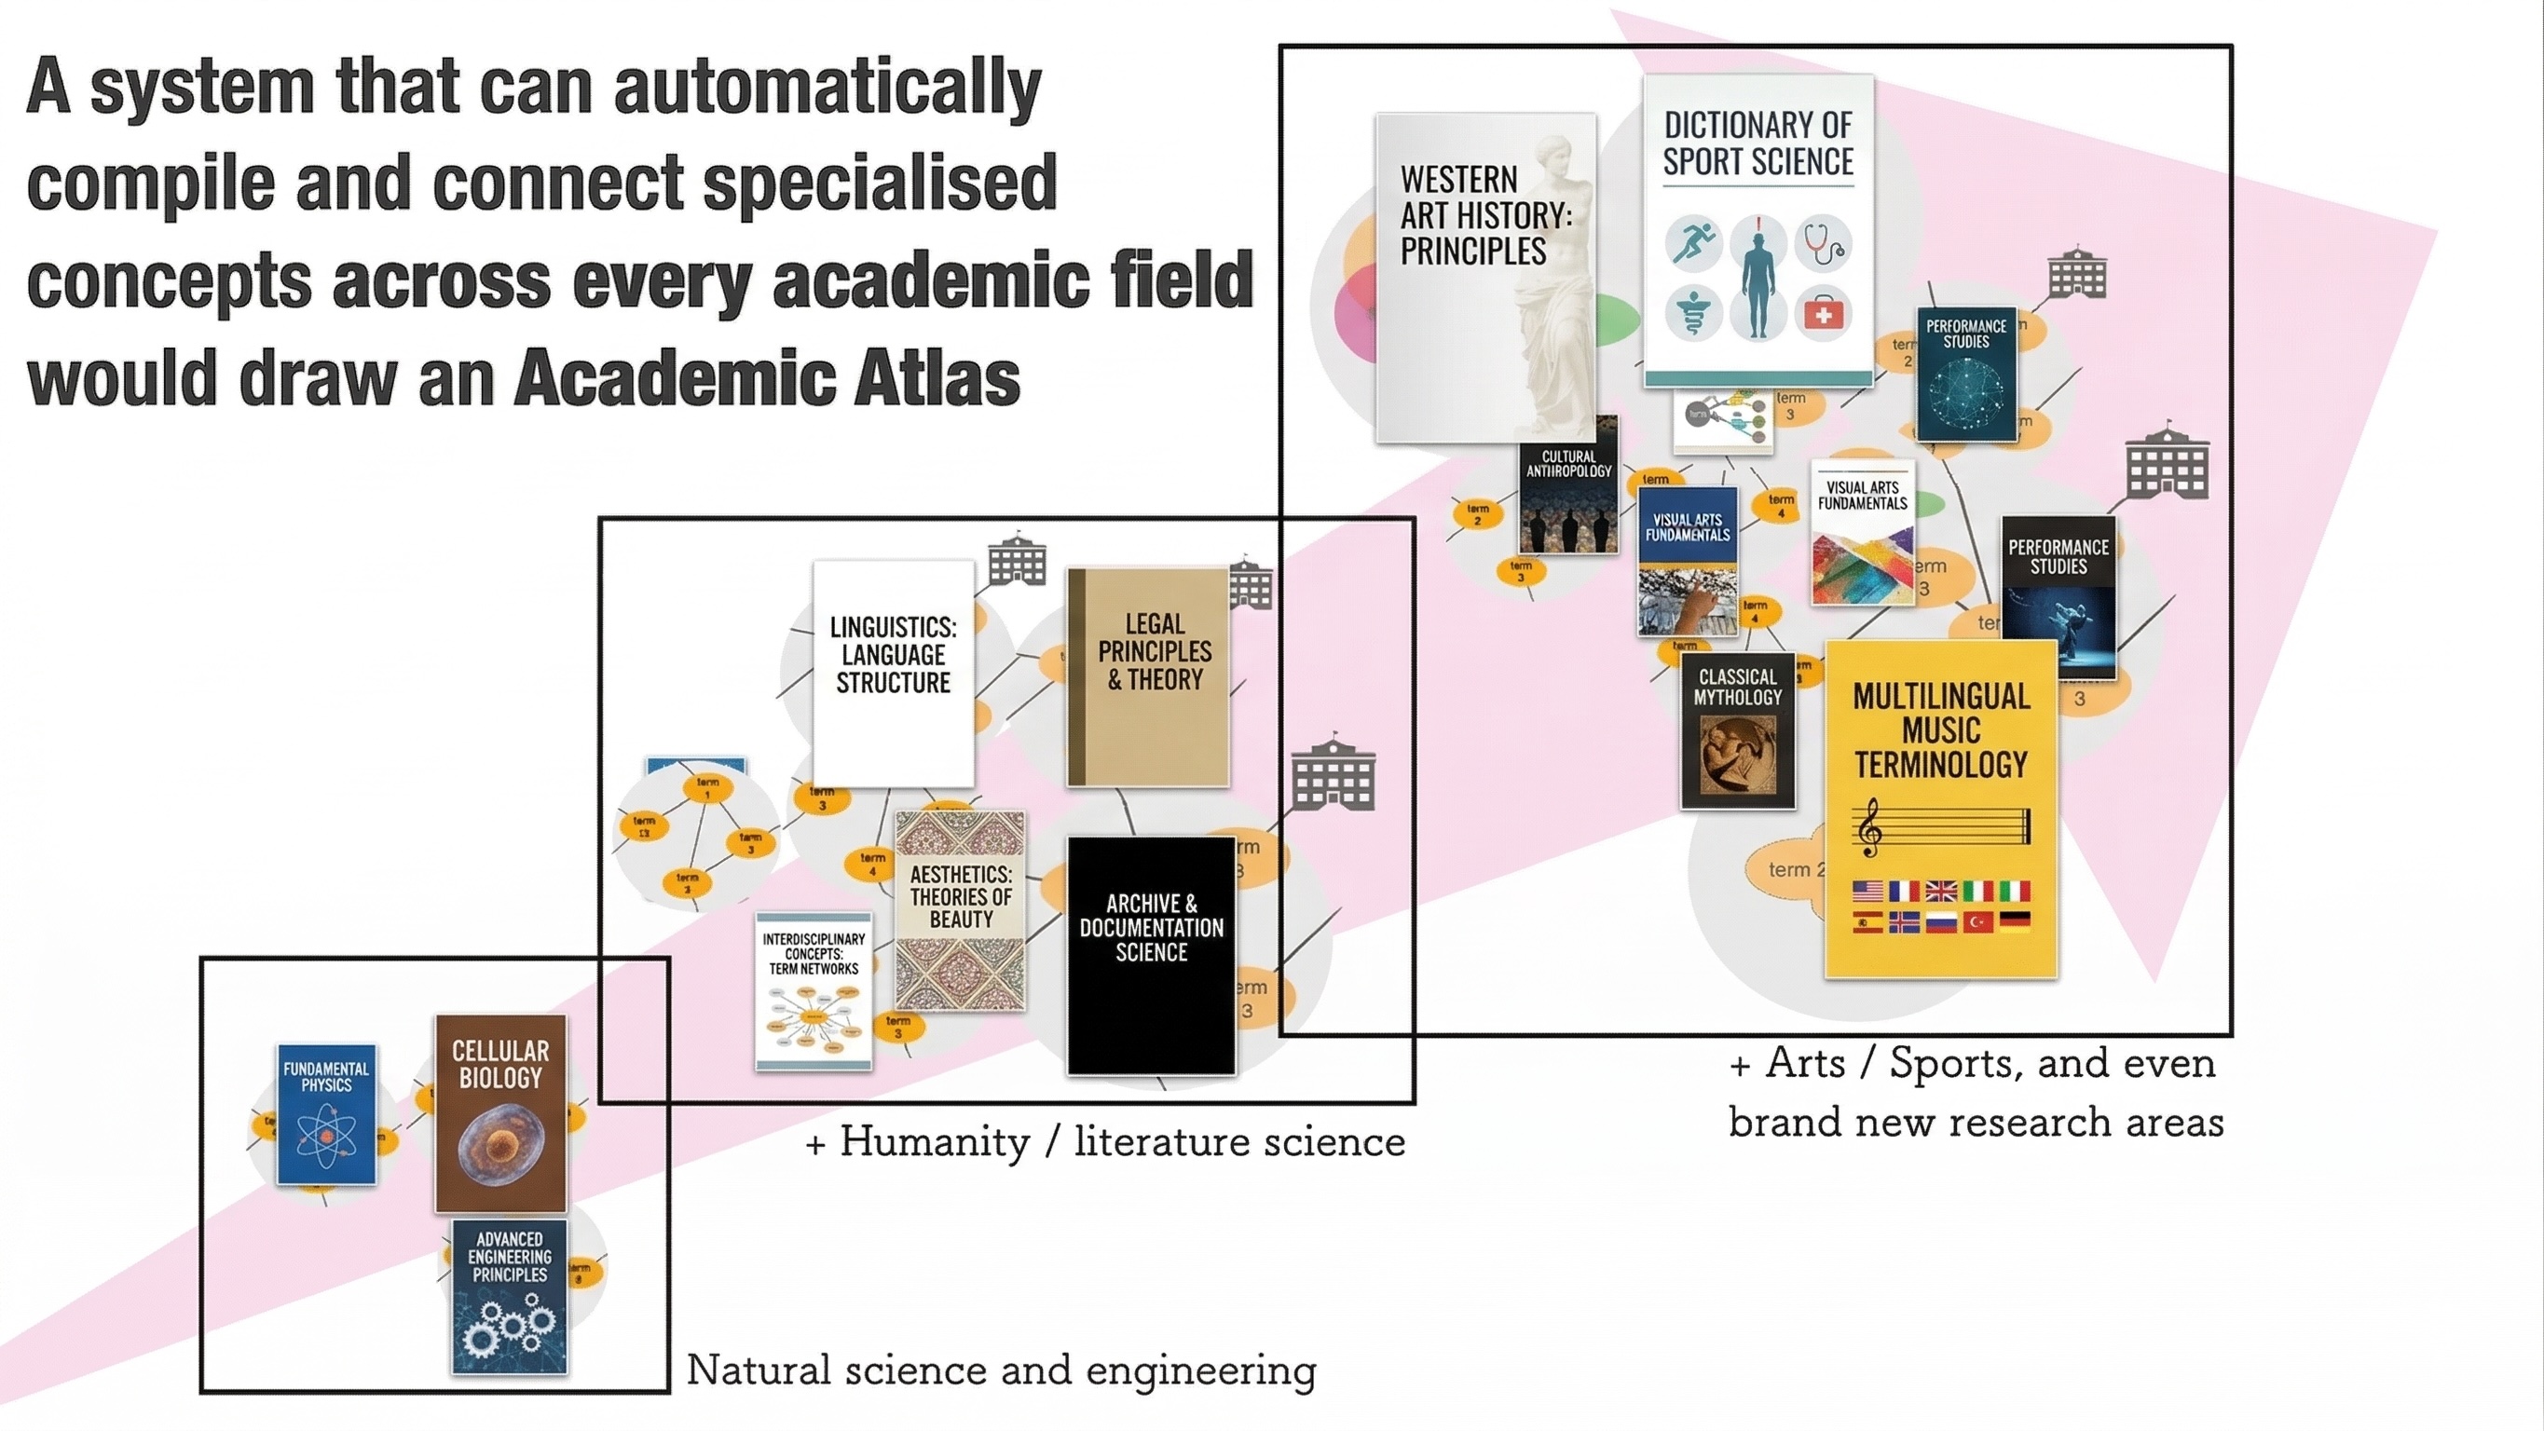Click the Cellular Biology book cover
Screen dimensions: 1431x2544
click(x=500, y=1112)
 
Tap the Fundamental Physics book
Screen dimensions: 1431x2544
click(x=326, y=1113)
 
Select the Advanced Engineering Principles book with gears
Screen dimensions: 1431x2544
click(x=510, y=1296)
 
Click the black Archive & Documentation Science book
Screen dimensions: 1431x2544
click(x=1151, y=955)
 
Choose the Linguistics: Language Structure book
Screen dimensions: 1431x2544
click(x=893, y=673)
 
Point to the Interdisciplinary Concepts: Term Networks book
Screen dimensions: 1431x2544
click(x=814, y=990)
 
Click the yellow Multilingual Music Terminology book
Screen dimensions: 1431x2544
click(x=1940, y=809)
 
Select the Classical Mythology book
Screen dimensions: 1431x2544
click(x=1737, y=729)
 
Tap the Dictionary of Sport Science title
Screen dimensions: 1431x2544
click(x=1758, y=143)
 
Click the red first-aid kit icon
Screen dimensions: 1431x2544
click(x=1823, y=314)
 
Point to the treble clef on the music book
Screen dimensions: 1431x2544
click(x=1868, y=827)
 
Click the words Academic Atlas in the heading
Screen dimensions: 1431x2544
click(x=767, y=378)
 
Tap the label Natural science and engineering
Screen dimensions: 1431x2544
click(x=1001, y=1370)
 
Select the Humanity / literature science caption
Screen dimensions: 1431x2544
click(x=1105, y=1142)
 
